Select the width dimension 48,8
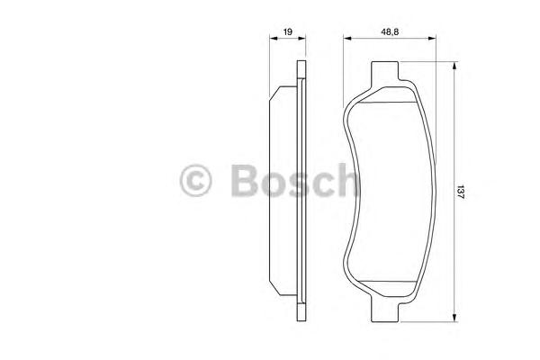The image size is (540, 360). pyautogui.click(x=389, y=31)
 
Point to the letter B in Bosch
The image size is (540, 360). pyautogui.click(x=243, y=181)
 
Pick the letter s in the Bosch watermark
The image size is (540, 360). pyautogui.click(x=299, y=184)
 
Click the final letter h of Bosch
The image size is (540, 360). pyautogui.click(x=346, y=181)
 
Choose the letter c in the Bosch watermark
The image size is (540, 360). pyautogui.click(x=323, y=184)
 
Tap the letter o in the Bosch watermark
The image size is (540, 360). pyautogui.click(x=273, y=184)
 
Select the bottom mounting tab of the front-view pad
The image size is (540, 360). pyautogui.click(x=387, y=311)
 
